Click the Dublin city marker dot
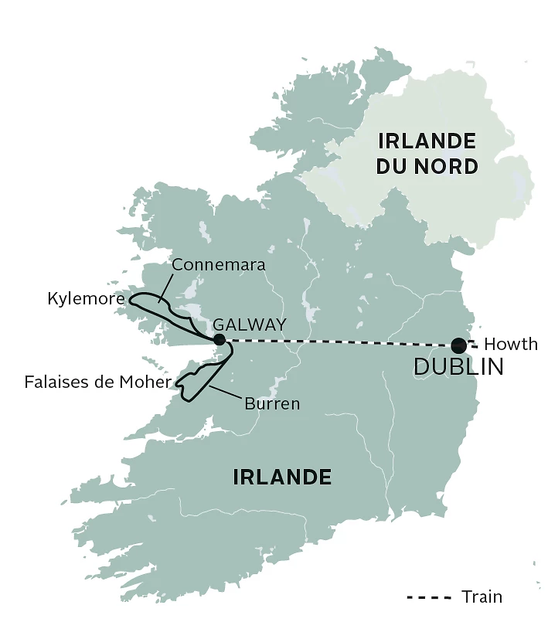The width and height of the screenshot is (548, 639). pos(459,345)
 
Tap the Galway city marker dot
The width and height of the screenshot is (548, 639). pos(220,339)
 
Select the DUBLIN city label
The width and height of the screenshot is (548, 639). pos(458,367)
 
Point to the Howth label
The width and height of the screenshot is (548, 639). pos(510,345)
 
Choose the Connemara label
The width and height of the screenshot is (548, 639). pos(219,265)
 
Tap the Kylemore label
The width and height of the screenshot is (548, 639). pos(85,297)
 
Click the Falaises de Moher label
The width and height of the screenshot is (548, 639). pos(97,382)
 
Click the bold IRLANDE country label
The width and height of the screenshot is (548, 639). pos(282,478)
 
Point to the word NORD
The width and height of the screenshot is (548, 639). pos(448,166)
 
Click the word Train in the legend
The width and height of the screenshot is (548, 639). pos(482,597)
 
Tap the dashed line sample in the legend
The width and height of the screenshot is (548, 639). pos(429,597)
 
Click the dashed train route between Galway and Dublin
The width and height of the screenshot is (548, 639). pos(340,342)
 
